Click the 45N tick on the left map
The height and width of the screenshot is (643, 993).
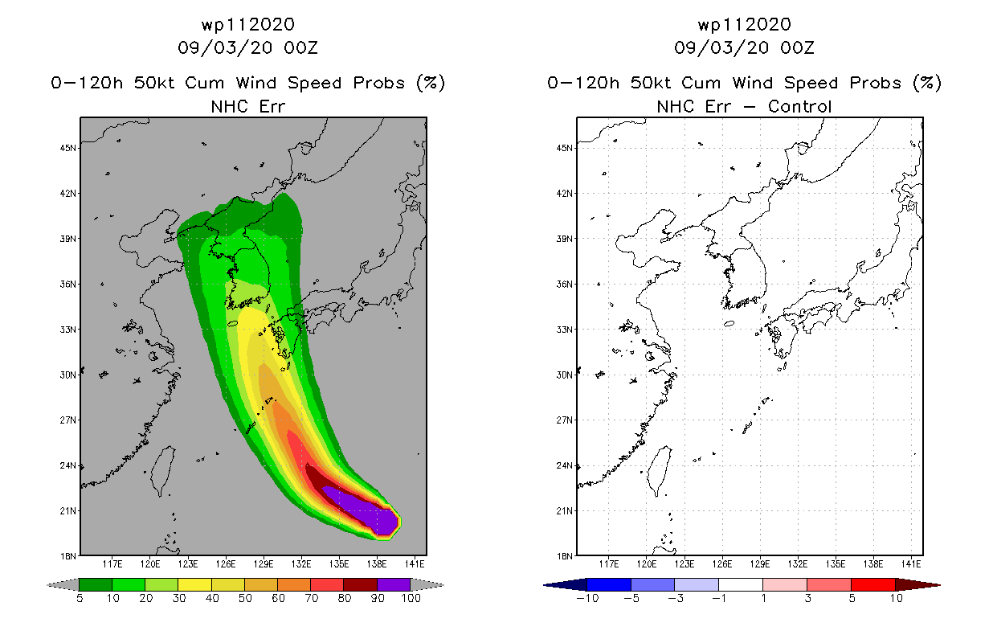(x=68, y=148)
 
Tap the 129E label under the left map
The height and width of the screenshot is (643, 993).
(x=264, y=564)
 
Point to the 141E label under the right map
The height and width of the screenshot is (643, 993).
(x=911, y=564)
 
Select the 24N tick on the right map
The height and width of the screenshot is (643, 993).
(x=565, y=465)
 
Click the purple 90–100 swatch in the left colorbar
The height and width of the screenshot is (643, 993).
(x=394, y=584)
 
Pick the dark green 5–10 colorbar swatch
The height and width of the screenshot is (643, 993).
(x=96, y=584)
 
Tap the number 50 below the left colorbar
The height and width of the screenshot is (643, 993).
(x=245, y=598)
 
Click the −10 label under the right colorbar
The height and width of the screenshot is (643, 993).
(x=587, y=598)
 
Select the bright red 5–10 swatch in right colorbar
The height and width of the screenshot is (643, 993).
(x=873, y=584)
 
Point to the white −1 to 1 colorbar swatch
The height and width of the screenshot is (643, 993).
(x=741, y=584)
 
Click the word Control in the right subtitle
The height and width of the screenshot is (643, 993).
(x=799, y=107)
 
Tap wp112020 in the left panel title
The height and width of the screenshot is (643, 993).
(x=248, y=25)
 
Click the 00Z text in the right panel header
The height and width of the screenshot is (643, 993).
(x=797, y=48)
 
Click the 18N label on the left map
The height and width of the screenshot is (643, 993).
(x=68, y=556)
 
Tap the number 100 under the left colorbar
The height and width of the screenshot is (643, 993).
(x=411, y=598)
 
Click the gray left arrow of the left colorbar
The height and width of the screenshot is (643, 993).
(x=63, y=585)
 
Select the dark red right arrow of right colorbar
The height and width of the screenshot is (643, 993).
(x=917, y=585)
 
